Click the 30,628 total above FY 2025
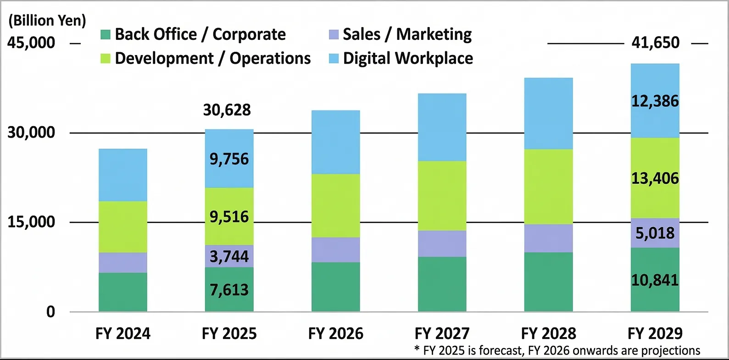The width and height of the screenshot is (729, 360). (227, 110)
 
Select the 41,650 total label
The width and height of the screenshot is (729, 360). (655, 43)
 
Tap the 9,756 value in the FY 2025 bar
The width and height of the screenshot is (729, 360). (229, 159)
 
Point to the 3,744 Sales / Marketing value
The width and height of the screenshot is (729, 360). (229, 256)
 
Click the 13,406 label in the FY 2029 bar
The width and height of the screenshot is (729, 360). (655, 178)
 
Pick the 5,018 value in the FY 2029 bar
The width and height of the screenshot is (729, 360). (655, 233)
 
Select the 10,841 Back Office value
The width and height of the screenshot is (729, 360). (655, 280)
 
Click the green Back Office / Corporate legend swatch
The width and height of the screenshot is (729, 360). (106, 34)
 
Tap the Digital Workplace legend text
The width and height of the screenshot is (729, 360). (408, 58)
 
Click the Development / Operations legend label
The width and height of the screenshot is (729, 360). (213, 58)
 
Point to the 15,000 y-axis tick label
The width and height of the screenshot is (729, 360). (31, 222)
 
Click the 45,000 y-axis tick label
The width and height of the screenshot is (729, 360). (31, 43)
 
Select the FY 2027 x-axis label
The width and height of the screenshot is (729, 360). (442, 333)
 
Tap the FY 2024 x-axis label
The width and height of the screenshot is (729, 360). (123, 333)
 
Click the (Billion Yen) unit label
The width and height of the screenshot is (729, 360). (47, 20)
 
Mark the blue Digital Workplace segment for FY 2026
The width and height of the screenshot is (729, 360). (335, 142)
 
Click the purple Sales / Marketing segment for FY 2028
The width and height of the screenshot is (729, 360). (548, 238)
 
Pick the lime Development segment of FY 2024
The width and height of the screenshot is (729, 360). (123, 227)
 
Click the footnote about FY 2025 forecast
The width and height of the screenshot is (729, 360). (557, 351)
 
